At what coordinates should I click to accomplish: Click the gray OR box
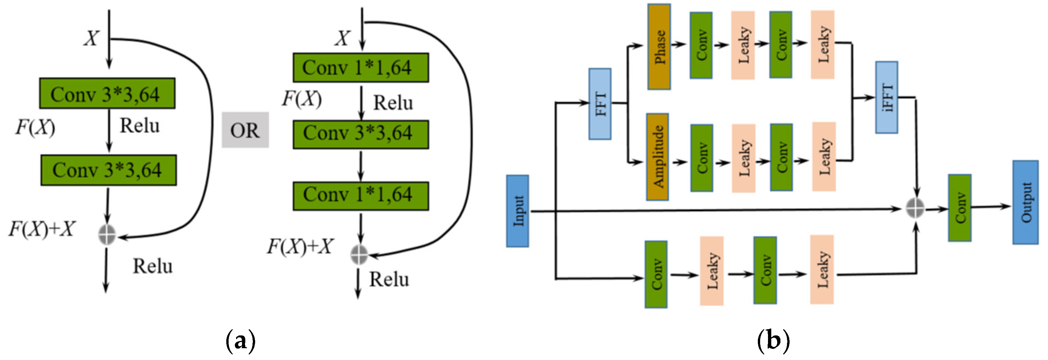click(245, 130)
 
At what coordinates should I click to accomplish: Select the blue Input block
click(517, 211)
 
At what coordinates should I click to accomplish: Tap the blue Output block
click(1025, 202)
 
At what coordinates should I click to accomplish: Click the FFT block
click(600, 104)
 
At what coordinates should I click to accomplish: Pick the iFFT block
click(887, 98)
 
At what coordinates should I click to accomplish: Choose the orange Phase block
click(659, 47)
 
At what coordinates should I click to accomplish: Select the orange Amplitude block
click(657, 157)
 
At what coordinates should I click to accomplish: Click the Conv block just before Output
click(960, 208)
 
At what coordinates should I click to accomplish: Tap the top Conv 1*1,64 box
click(361, 67)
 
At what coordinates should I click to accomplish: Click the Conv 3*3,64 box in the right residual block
click(361, 134)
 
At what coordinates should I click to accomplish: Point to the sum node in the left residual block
click(107, 234)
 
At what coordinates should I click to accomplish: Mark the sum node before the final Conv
click(915, 208)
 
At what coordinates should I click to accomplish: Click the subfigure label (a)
click(241, 341)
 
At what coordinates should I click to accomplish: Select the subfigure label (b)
click(773, 341)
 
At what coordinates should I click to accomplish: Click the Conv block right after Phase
click(701, 45)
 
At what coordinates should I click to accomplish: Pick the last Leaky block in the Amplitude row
click(824, 157)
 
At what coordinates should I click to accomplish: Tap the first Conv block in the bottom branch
click(656, 274)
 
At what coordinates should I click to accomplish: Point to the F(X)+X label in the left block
click(42, 229)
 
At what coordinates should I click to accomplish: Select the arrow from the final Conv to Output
click(991, 207)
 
